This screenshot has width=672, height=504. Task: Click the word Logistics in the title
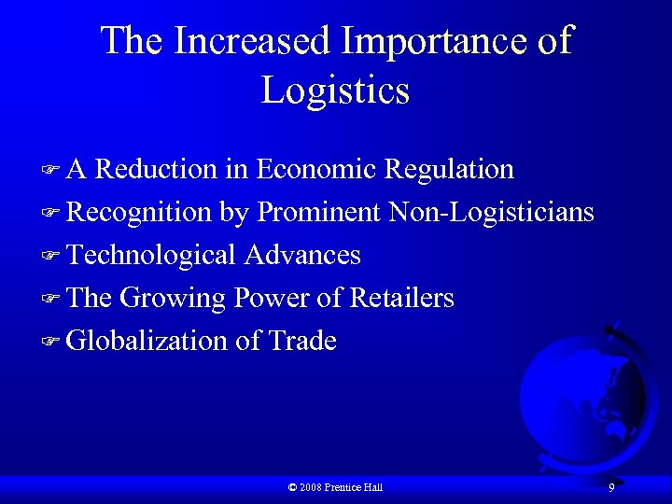coord(335,91)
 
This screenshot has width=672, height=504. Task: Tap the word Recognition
coord(140,213)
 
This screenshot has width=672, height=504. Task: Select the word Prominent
coord(318,213)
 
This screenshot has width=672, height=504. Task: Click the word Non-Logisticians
coord(491,213)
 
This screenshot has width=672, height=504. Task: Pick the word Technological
coord(152,255)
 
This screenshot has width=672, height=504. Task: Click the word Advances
coord(302,255)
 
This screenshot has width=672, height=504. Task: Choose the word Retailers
coord(401,299)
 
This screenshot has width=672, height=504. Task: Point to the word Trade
coord(302,342)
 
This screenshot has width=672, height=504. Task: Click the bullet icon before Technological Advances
coord(50,256)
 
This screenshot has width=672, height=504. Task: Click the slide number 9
coord(611,487)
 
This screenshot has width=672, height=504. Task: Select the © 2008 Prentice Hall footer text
coord(336,487)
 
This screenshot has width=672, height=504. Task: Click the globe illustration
coord(583,392)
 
